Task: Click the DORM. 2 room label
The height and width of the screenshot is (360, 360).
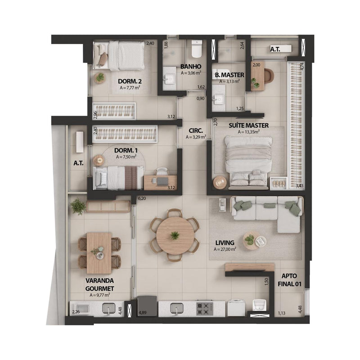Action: [130, 81]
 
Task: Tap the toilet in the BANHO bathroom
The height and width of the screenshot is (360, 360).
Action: [197, 49]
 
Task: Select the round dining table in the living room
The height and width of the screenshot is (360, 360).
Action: [175, 235]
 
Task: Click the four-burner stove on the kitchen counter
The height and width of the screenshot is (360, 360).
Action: [205, 309]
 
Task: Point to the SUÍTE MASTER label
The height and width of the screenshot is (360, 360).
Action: [248, 126]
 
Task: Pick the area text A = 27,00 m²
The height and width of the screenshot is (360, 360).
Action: [225, 249]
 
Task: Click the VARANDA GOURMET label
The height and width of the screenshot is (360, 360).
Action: [99, 284]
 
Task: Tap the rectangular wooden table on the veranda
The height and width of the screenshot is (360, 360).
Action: [99, 253]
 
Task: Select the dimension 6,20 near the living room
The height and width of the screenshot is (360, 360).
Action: [142, 198]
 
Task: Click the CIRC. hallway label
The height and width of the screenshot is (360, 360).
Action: [196, 130]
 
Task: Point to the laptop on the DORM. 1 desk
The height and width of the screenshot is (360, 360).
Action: [162, 181]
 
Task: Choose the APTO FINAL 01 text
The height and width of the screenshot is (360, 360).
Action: [289, 280]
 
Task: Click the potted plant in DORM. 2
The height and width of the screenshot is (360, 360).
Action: [100, 78]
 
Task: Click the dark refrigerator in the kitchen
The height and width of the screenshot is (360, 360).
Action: [147, 306]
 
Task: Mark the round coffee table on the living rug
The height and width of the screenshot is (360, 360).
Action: [252, 241]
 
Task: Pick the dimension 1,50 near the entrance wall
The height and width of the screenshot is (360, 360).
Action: [266, 282]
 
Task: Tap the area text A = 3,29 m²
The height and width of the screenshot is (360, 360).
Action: [196, 137]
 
